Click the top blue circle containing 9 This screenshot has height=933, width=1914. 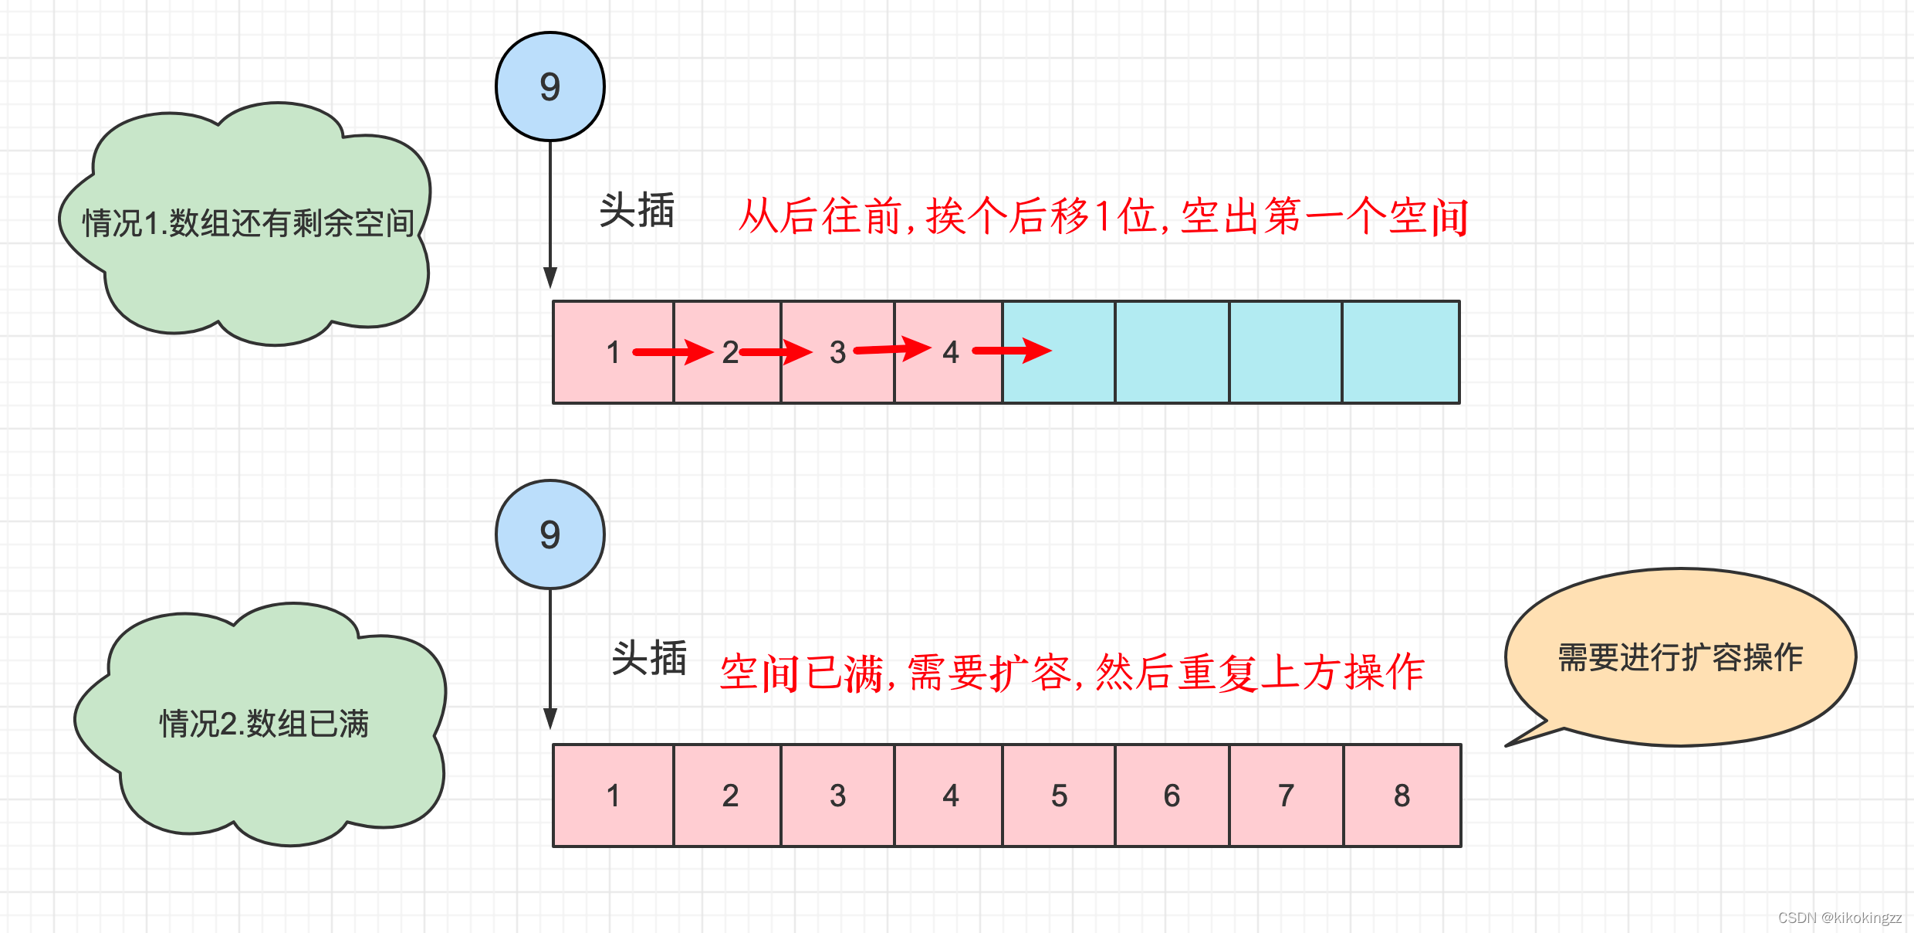[x=550, y=87]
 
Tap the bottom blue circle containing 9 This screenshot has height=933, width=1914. [x=550, y=534]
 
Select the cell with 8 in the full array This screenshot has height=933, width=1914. [x=1402, y=796]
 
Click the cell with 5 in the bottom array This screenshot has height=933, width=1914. [x=1059, y=796]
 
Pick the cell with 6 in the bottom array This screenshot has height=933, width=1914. [x=1172, y=796]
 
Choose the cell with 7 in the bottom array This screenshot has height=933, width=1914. [x=1286, y=796]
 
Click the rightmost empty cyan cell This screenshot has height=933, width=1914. [x=1400, y=352]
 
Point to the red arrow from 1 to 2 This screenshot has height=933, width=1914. [x=671, y=352]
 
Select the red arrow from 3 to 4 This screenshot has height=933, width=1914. [x=891, y=349]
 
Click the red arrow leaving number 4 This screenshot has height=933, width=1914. [x=1011, y=351]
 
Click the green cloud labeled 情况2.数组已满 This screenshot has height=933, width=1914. [x=262, y=724]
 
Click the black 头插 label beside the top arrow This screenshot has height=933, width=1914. [x=637, y=210]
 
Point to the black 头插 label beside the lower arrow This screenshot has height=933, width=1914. [x=648, y=658]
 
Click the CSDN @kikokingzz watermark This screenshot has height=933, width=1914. [x=1839, y=918]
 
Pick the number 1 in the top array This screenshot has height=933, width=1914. [x=613, y=352]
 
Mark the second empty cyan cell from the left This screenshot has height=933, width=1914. [x=1172, y=352]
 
